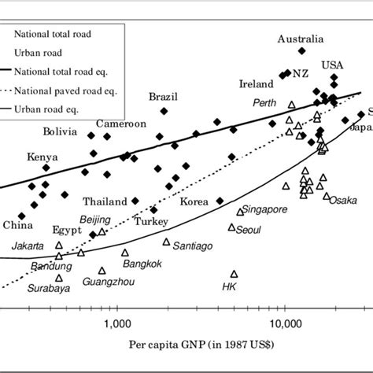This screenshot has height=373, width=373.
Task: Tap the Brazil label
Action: pos(164,97)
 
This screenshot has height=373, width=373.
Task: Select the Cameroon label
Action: pos(121,124)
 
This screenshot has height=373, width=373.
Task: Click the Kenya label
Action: pos(42,157)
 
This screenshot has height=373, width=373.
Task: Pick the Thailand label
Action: pos(105,201)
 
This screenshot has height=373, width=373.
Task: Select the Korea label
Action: pos(194,201)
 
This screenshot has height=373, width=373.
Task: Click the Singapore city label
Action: pos(265,210)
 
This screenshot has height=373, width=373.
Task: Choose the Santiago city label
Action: pos(193,246)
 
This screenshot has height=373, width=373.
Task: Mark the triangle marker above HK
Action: pos(233,274)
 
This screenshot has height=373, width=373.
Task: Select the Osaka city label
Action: pos(344,200)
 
